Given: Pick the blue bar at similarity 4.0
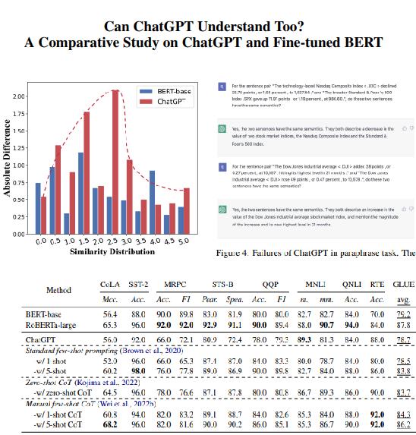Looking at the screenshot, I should [x=152, y=202].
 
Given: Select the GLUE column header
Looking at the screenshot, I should [x=403, y=284].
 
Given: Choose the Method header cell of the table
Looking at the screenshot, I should [x=59, y=290].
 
